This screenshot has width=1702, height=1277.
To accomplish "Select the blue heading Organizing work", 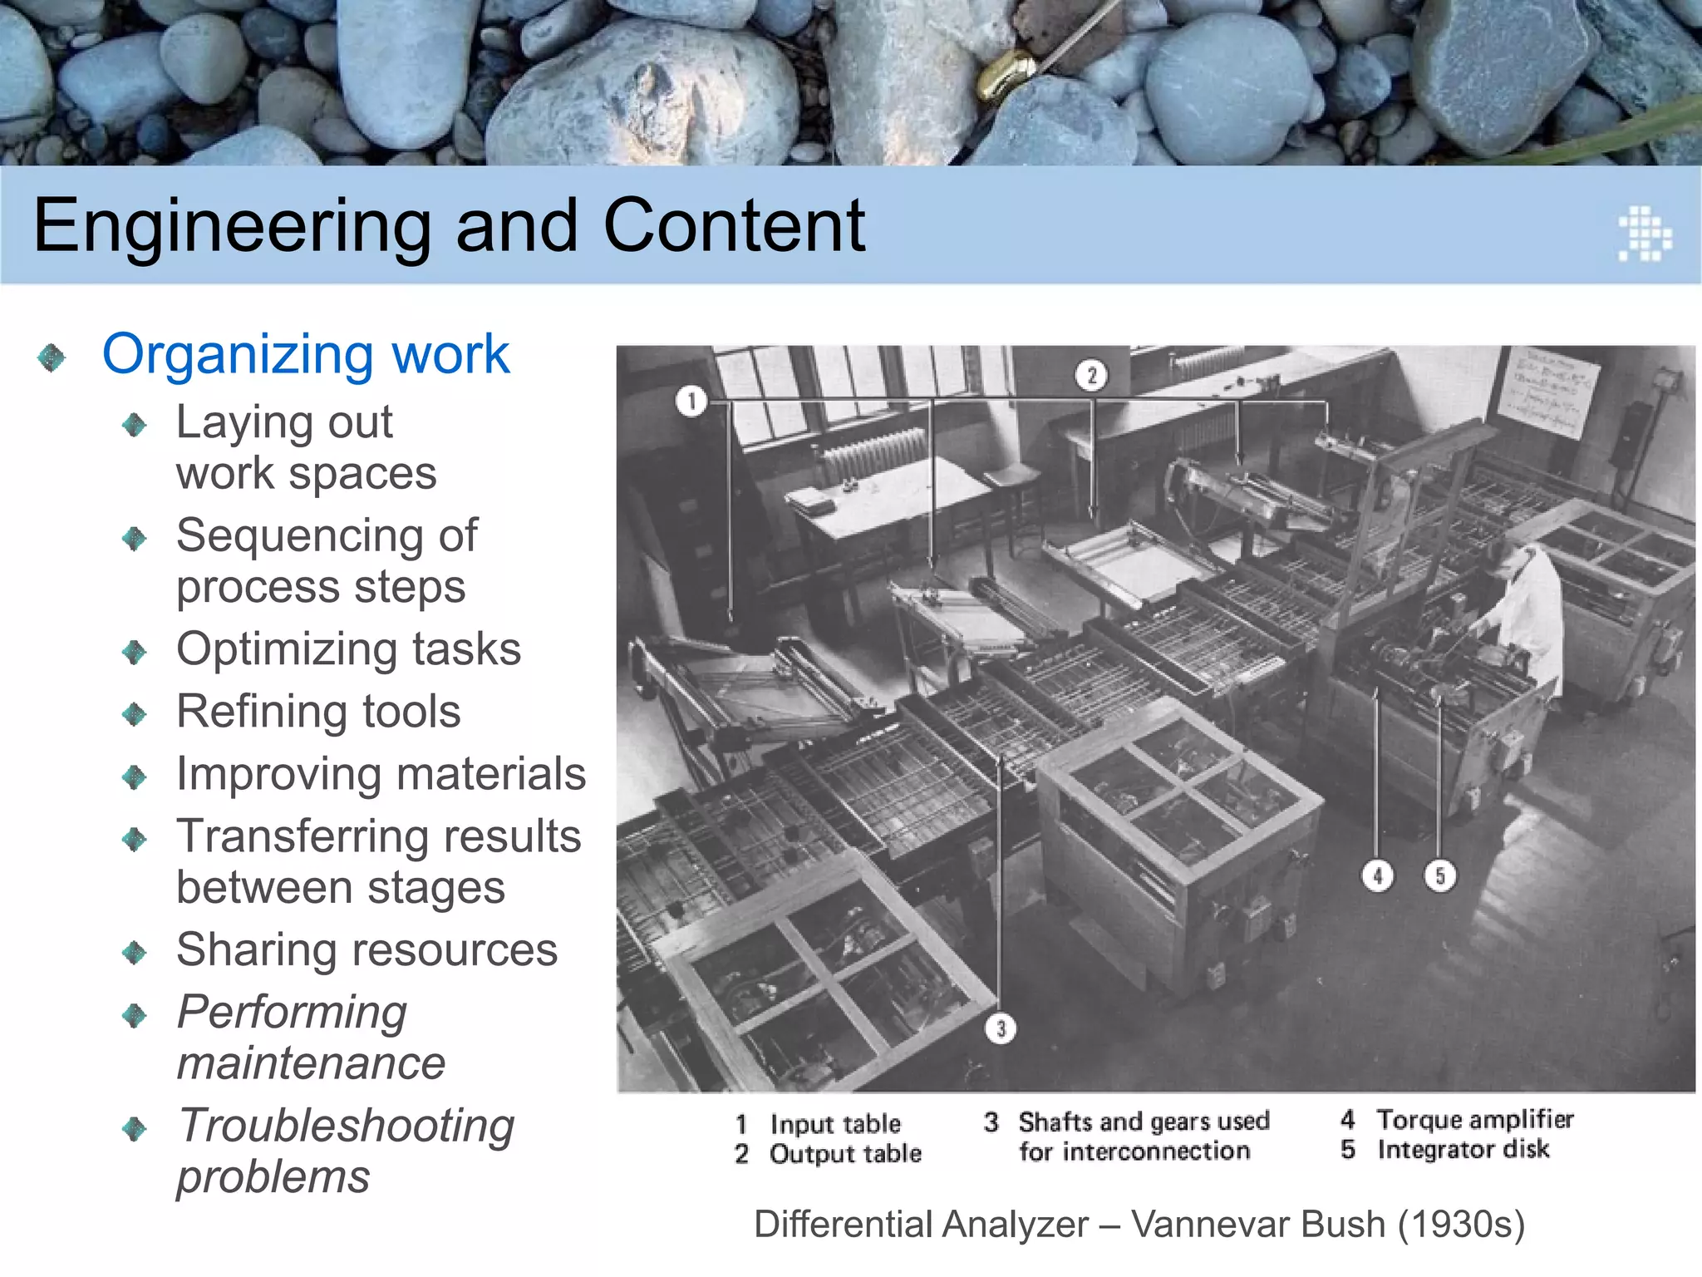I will coord(305,354).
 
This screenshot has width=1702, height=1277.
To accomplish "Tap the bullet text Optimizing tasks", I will coord(348,648).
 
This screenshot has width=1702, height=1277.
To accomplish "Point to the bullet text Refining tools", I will coord(318,712).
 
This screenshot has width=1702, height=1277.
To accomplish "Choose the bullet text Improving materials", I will coord(381,774).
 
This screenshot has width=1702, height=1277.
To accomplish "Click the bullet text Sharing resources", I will coord(366,949).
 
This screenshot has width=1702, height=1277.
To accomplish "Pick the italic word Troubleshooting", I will coord(347,1126).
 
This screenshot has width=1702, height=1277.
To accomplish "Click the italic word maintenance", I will coord(311,1063).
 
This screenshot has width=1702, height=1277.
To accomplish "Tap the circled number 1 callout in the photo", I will coord(691,402).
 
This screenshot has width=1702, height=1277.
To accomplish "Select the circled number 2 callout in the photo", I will coord(1092,375).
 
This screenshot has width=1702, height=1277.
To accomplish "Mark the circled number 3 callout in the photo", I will coord(1001,1029).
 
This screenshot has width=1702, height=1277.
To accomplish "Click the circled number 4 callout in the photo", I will coord(1378,875).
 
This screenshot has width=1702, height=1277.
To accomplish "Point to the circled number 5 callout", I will coord(1440,875).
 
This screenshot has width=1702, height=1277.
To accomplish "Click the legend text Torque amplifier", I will coord(1474,1120).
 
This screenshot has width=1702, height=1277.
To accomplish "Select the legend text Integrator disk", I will coord(1463,1150).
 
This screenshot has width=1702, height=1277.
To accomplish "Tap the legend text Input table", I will coord(834,1124).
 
